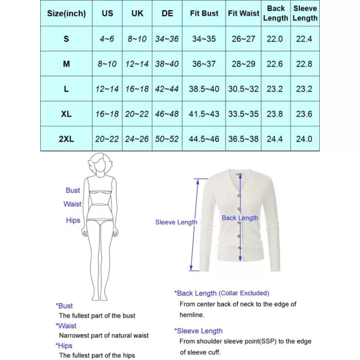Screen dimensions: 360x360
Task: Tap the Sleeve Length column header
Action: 304,13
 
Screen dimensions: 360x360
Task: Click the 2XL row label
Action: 66,139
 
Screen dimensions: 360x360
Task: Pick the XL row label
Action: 66,113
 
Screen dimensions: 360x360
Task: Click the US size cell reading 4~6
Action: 107,39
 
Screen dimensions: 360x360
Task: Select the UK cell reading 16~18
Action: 137,89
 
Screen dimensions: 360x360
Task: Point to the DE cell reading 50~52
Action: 167,139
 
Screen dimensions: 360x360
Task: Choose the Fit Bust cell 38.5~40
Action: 205,89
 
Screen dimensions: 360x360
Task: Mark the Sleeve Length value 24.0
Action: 304,139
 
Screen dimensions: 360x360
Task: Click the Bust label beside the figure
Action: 73,190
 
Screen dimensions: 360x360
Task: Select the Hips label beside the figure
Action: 73,220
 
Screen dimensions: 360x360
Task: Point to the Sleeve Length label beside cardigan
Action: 176,222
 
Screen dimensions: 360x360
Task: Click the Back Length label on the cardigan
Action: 240,218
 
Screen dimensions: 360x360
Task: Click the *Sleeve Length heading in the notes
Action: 199,331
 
